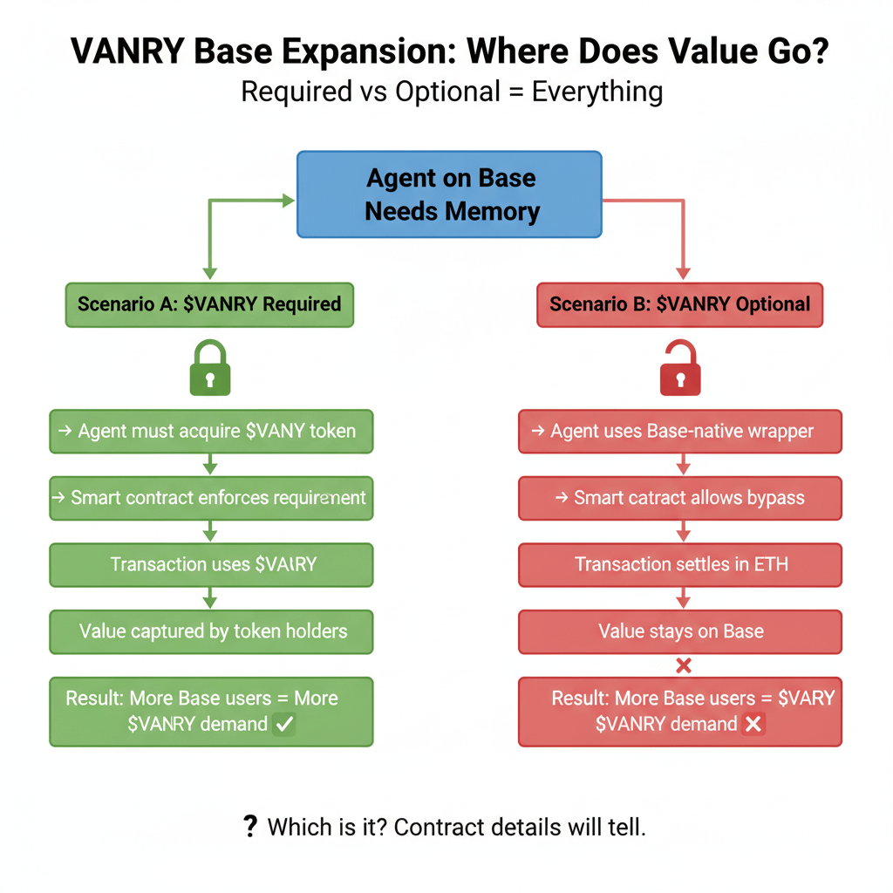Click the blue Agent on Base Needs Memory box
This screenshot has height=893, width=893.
pyautogui.click(x=449, y=194)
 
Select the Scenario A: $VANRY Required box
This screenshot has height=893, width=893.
pyautogui.click(x=209, y=304)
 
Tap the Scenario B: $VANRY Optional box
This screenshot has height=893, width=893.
pyautogui.click(x=679, y=304)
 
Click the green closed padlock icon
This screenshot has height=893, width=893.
pyautogui.click(x=210, y=369)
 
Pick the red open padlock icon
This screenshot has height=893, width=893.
pyautogui.click(x=681, y=369)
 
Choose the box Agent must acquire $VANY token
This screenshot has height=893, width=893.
pyautogui.click(x=211, y=431)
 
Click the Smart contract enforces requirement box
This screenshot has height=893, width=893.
pyautogui.click(x=211, y=498)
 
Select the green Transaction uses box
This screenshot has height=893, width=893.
pyautogui.click(x=211, y=564)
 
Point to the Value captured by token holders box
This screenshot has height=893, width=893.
pyautogui.click(x=211, y=631)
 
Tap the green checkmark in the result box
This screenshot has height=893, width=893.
pyautogui.click(x=283, y=724)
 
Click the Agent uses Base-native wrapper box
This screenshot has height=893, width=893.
pyautogui.click(x=680, y=431)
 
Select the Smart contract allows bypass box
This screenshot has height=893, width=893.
pyautogui.click(x=680, y=498)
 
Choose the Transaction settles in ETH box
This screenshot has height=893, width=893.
pyautogui.click(x=680, y=564)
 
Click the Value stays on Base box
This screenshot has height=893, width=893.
pyautogui.click(x=680, y=631)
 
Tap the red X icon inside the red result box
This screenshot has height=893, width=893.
pyautogui.click(x=753, y=724)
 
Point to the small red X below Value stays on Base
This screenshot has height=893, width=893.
pyautogui.click(x=684, y=666)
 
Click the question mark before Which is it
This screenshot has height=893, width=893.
pyautogui.click(x=250, y=826)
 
